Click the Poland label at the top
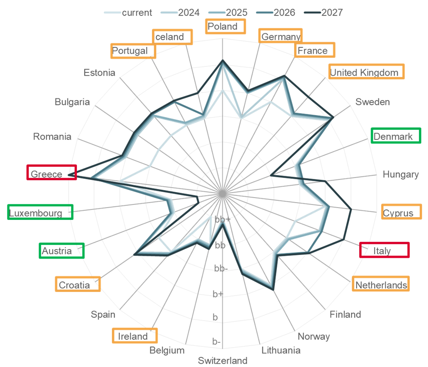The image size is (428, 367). coord(223,26)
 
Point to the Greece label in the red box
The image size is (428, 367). coord(46,174)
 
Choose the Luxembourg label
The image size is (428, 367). coord(36,213)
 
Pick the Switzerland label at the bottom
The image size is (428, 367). coord(223,361)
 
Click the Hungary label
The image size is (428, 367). coord(401,174)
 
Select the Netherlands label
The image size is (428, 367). coord(381,285)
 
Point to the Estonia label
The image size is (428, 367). coord(99,72)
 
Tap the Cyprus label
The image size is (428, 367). coord(398,213)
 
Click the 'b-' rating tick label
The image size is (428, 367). coord(217,341)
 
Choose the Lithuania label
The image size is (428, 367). coord(281,350)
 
